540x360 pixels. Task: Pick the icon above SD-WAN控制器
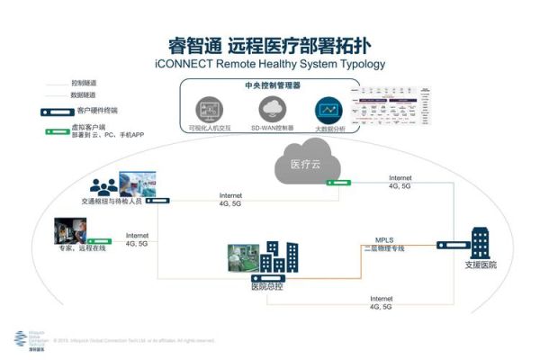tap(272, 110)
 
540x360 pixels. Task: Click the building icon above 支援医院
tap(480, 240)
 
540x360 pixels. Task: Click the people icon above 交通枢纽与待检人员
tap(104, 186)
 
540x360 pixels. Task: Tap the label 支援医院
tap(480, 265)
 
